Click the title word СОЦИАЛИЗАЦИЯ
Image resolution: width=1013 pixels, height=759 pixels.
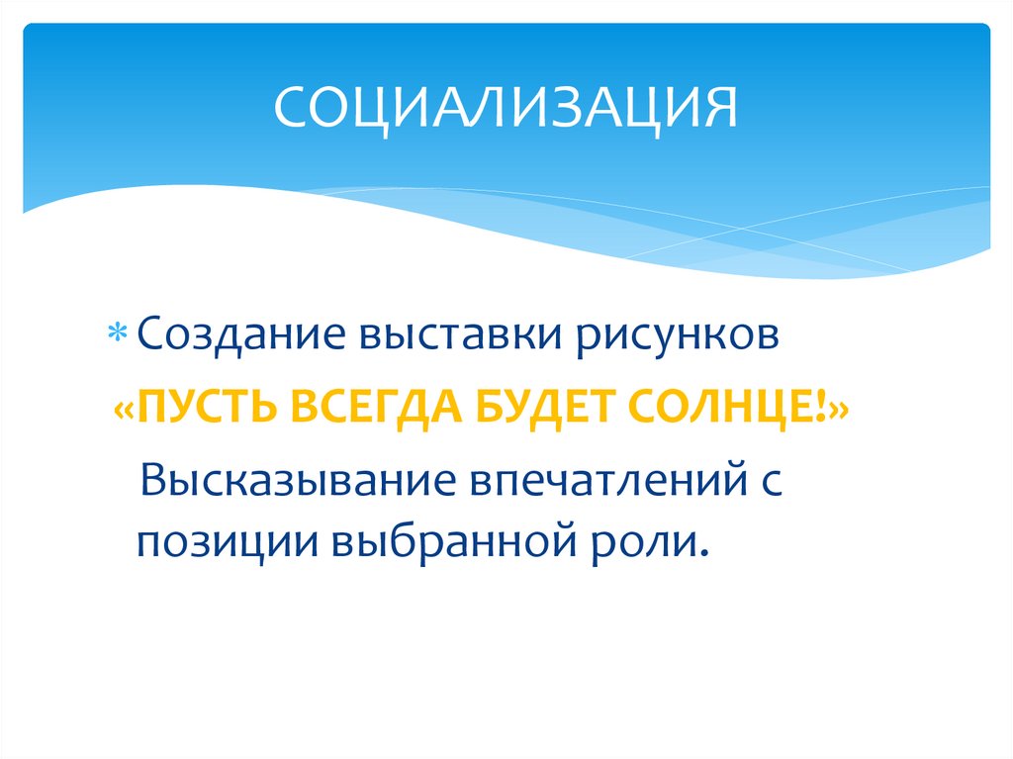click(x=506, y=107)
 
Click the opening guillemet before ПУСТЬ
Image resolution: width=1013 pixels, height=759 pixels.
click(x=126, y=409)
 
